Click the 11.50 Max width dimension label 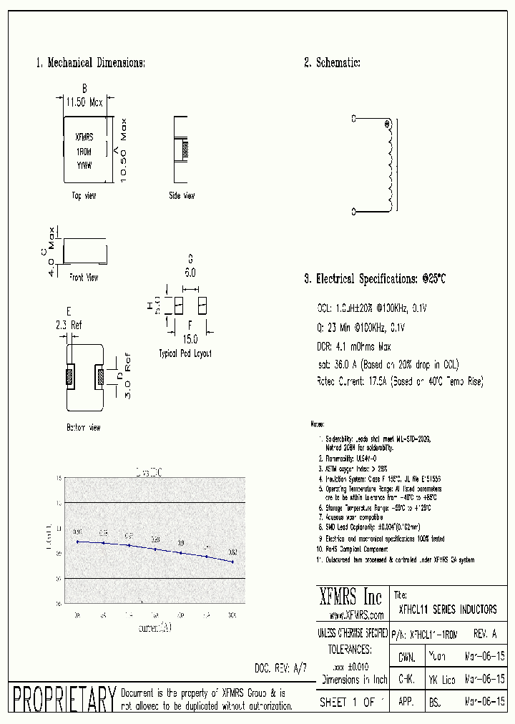click(x=84, y=102)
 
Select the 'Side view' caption click(x=182, y=195)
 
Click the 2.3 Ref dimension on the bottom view click(x=69, y=326)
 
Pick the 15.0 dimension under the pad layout click(x=190, y=338)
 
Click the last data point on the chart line click(x=232, y=562)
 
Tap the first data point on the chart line click(x=77, y=542)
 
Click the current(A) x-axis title click(x=155, y=627)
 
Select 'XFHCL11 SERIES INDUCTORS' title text click(x=447, y=610)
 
